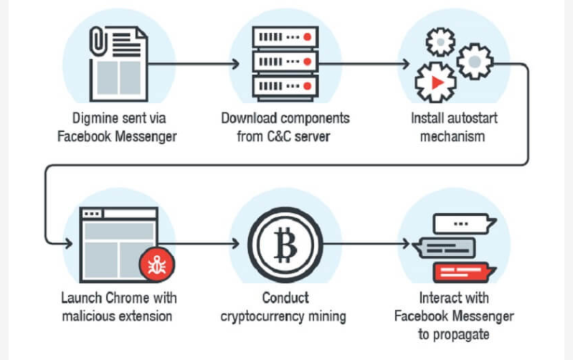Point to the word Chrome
tap(123, 298)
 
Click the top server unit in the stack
tap(285, 37)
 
